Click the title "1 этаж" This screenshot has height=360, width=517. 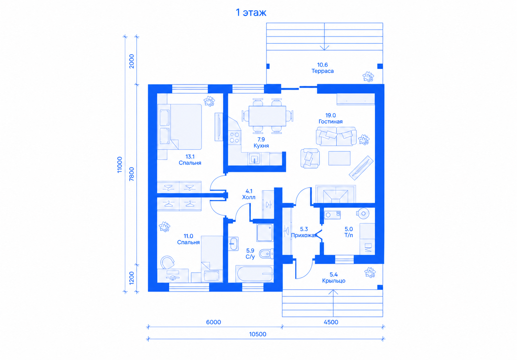coord(251,12)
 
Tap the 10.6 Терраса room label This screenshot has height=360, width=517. coord(322,68)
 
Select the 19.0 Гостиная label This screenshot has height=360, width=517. coord(331,118)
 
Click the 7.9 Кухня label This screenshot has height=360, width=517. coord(261,142)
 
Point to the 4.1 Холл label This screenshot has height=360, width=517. coord(249,194)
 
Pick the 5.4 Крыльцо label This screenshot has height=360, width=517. coord(334,277)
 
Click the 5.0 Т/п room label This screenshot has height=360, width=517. coord(348,232)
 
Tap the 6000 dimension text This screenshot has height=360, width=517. coord(214,322)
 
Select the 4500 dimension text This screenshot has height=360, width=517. coord(331,322)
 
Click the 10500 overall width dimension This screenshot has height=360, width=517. coord(258,334)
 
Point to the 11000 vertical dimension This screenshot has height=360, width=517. coord(119,165)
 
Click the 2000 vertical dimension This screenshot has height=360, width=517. coord(131,61)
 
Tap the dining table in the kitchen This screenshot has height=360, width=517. coord(267,116)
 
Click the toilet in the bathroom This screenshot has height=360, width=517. coord(266,254)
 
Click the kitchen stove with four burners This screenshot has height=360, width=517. coord(235,137)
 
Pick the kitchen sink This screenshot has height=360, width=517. coord(254,159)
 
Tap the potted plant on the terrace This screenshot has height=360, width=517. coord(368,77)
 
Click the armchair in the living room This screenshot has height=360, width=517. coord(310,158)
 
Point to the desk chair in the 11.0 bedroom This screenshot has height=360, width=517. coord(167,262)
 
